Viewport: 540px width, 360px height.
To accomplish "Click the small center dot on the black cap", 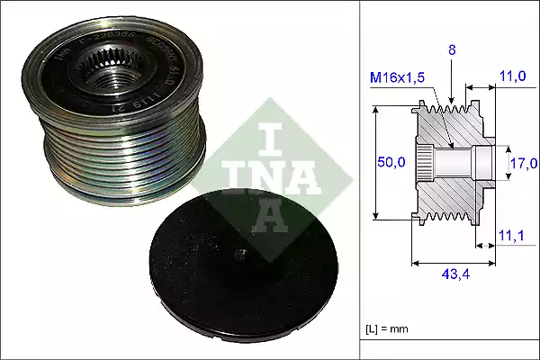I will click(239, 255).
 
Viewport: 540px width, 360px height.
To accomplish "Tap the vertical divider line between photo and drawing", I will click(360, 180).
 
